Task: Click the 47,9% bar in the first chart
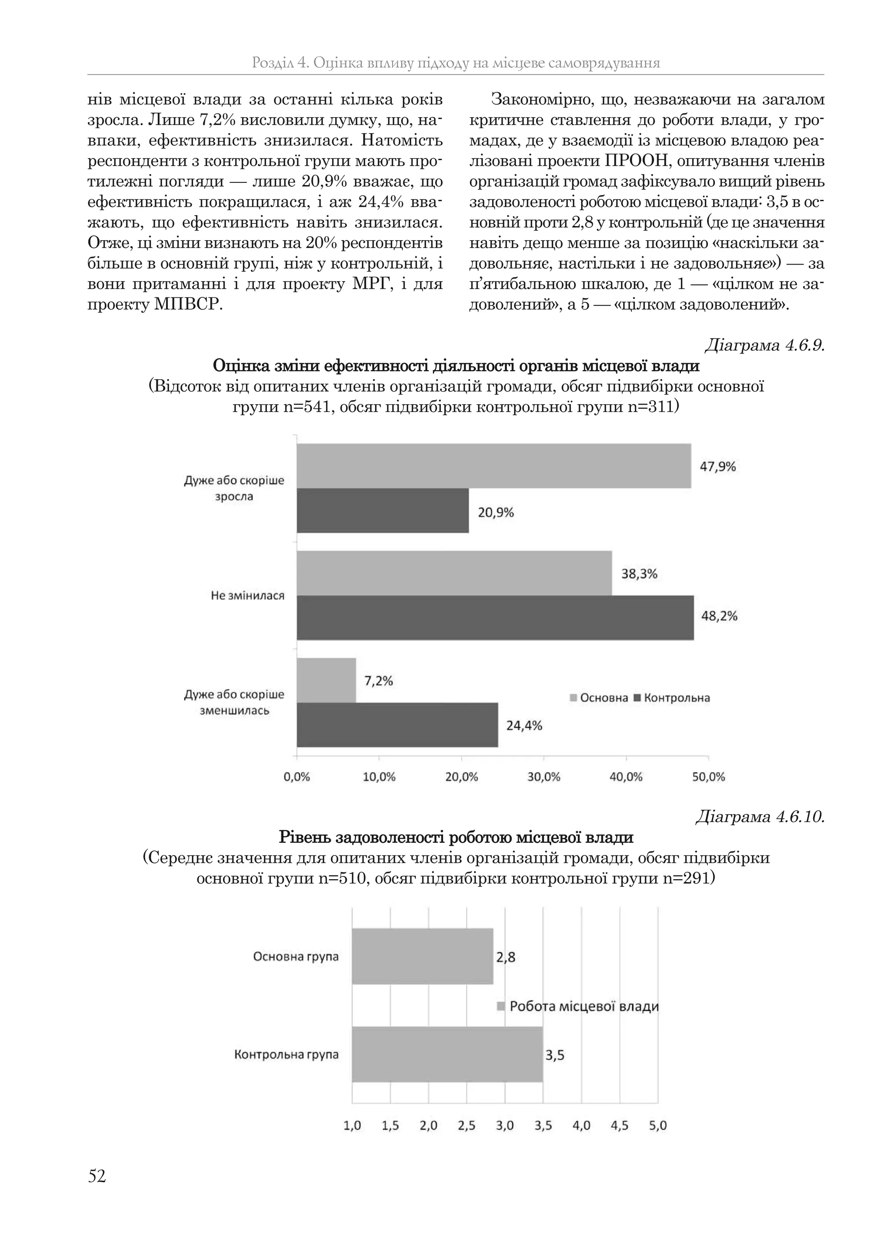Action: (x=493, y=466)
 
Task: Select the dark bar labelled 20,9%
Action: (x=382, y=510)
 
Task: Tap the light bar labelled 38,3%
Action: (x=454, y=573)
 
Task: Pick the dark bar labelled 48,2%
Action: (x=495, y=618)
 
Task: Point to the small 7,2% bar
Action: (x=326, y=680)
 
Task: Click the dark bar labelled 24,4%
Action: (x=397, y=725)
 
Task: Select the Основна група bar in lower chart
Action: (x=422, y=956)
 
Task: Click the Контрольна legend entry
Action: (x=673, y=698)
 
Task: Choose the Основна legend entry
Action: (x=599, y=698)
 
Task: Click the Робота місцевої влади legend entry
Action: (x=579, y=1006)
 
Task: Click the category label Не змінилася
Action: (x=247, y=596)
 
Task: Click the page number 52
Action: (x=97, y=1177)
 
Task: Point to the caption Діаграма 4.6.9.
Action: (x=764, y=346)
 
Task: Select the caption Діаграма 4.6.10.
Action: (x=760, y=817)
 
